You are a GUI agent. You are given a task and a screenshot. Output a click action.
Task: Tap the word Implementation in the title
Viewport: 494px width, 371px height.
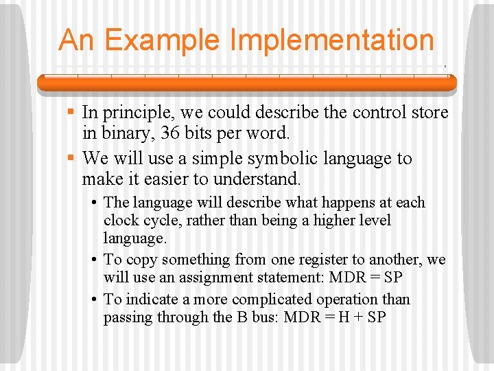pyautogui.click(x=333, y=40)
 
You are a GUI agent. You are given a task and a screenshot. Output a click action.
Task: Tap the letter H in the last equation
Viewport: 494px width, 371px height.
pyautogui.click(x=343, y=317)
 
